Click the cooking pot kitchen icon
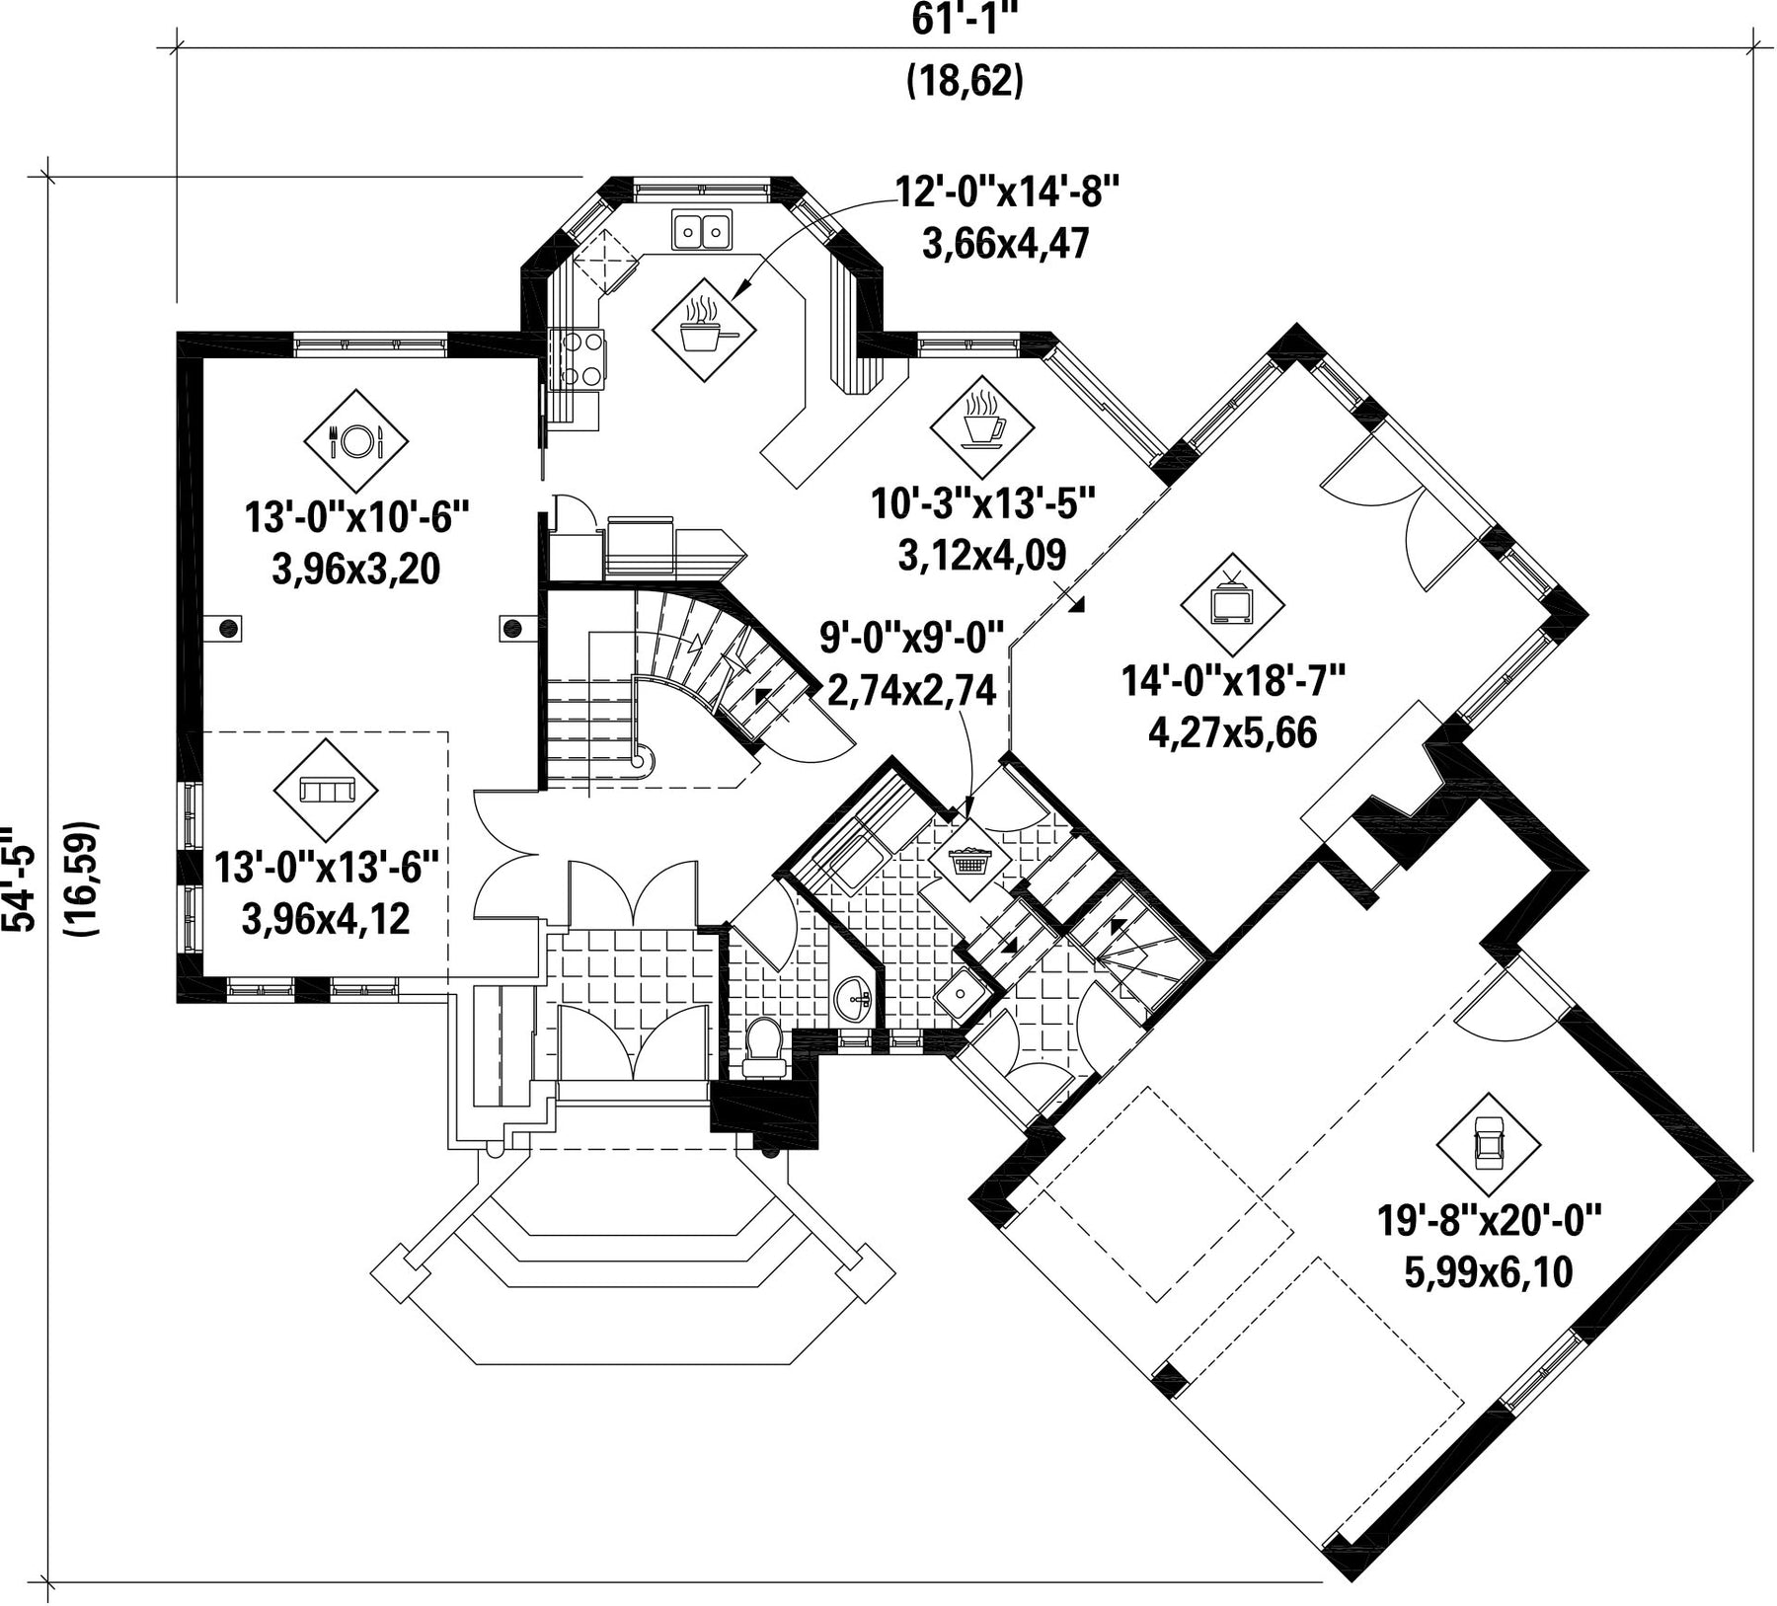(x=704, y=329)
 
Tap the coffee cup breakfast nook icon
(x=981, y=427)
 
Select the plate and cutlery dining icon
(x=355, y=440)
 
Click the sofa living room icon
(x=326, y=790)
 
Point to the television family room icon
(x=1232, y=602)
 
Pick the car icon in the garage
(x=1487, y=1144)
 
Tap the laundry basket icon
(x=969, y=859)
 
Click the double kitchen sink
(x=702, y=230)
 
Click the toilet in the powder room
(x=762, y=1047)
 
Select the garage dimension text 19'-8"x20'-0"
(x=1488, y=1222)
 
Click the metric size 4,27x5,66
(x=1233, y=732)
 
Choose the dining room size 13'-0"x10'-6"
(x=355, y=516)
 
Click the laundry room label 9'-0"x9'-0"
(x=912, y=639)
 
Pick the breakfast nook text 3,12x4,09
(x=982, y=555)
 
